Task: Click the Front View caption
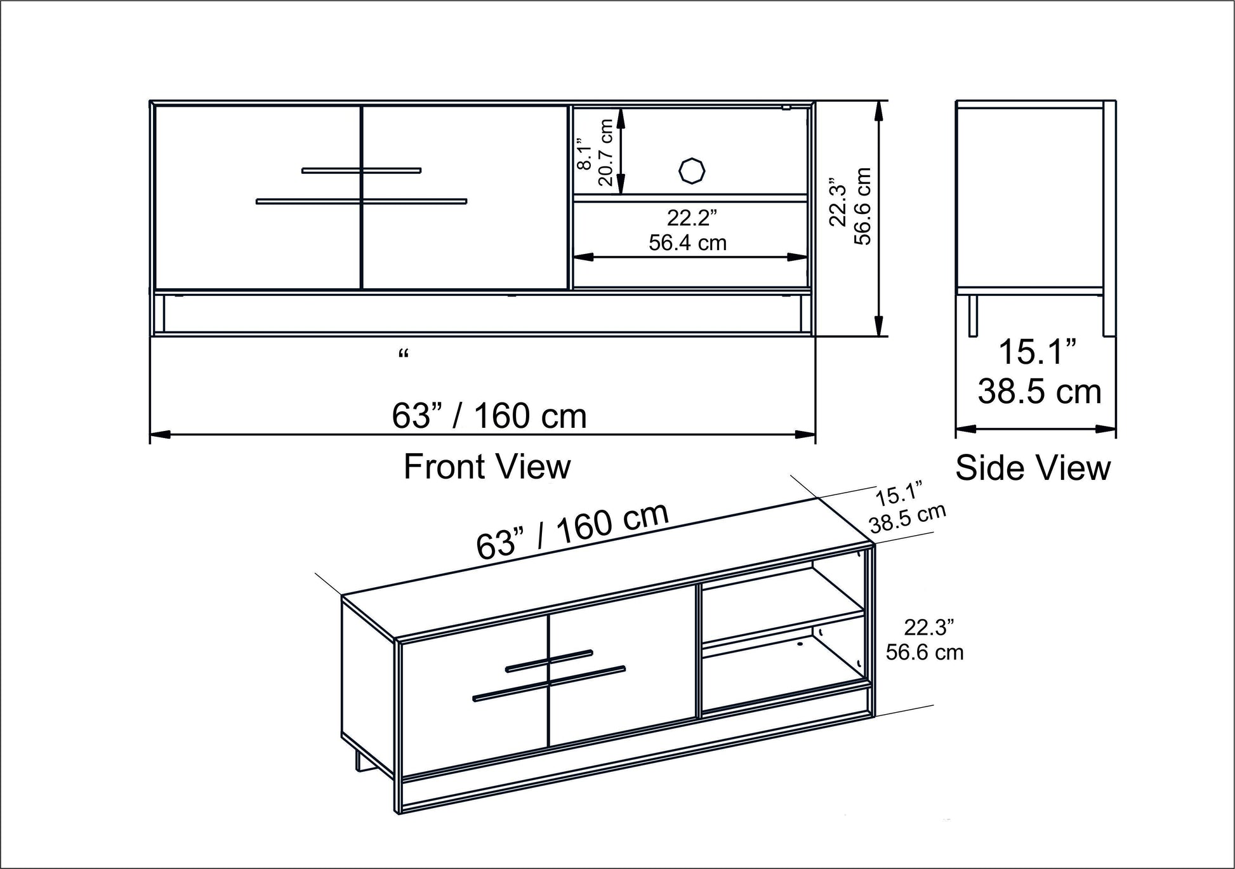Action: click(x=487, y=467)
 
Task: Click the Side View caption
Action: click(x=1033, y=468)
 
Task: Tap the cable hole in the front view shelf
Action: click(x=691, y=170)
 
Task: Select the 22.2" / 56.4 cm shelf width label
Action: click(x=689, y=230)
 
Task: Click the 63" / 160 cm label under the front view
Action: click(x=489, y=416)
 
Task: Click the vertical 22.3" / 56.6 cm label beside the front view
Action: click(x=851, y=206)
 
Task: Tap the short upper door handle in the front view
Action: click(x=361, y=170)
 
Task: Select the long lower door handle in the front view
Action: click(x=361, y=201)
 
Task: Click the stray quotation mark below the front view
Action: click(x=403, y=354)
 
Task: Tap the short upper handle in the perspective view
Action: click(x=550, y=660)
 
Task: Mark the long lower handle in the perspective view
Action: click(x=549, y=683)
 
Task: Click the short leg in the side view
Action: click(x=973, y=315)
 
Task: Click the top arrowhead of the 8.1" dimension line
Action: click(x=621, y=114)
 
